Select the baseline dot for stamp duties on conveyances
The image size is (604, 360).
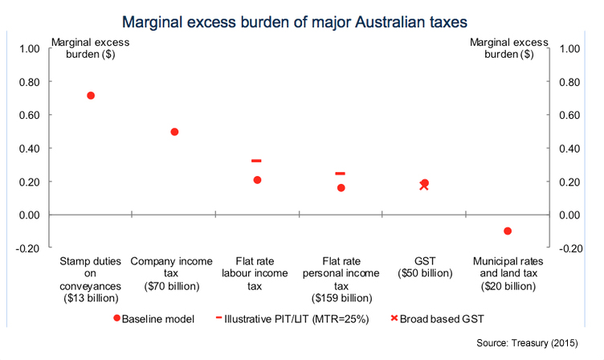click(91, 96)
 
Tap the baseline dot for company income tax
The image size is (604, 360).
click(174, 132)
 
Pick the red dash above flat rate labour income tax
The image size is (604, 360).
click(256, 162)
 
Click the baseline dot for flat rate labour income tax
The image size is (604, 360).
click(258, 180)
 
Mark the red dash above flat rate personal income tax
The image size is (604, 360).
click(340, 174)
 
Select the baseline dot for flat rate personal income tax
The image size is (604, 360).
click(341, 188)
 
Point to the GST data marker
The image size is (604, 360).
click(424, 185)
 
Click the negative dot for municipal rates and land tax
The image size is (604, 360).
click(508, 231)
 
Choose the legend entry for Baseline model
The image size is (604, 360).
click(154, 318)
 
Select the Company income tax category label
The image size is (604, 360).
click(174, 262)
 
